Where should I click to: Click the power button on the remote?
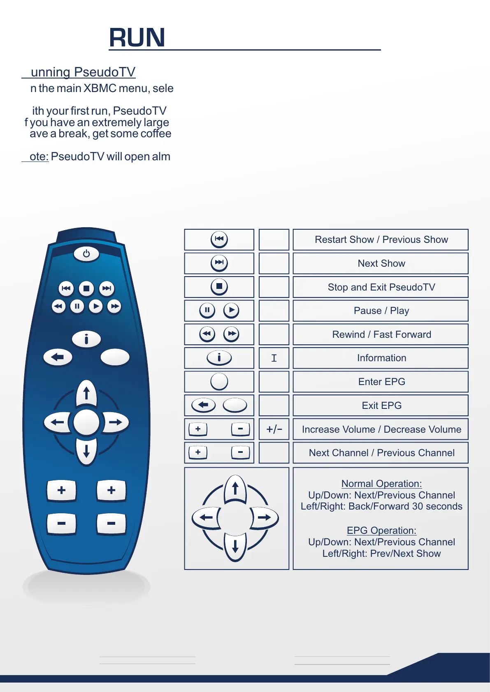86,254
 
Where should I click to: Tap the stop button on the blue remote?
86,288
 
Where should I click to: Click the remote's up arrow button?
86,393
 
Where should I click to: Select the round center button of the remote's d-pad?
86,422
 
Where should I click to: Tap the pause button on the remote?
77,306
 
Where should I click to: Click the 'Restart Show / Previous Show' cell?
381,240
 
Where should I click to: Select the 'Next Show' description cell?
381,263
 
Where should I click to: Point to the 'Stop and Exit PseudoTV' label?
381,287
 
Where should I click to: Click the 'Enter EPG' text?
381,382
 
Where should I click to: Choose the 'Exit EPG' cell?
381,406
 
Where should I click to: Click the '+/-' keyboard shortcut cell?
274,429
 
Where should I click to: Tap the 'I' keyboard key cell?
274,358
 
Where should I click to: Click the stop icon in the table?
219,286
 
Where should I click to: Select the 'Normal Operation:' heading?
381,484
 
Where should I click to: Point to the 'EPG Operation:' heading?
381,531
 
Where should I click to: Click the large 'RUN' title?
137,38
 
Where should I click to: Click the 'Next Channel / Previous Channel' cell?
381,453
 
